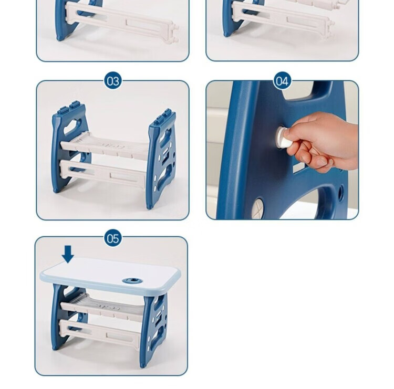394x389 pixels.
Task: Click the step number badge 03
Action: [113, 81]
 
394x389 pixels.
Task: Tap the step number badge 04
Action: [282, 81]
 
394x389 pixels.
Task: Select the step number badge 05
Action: [113, 238]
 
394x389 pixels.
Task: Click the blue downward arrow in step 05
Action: [68, 254]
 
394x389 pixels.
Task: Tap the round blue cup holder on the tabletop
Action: [132, 280]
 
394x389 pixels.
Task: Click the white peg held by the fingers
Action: [283, 138]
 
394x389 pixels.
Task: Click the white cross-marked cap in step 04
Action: [258, 205]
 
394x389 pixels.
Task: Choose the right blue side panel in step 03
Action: [160, 158]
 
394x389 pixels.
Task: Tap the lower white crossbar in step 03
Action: [103, 173]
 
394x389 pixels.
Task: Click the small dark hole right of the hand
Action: [341, 193]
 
